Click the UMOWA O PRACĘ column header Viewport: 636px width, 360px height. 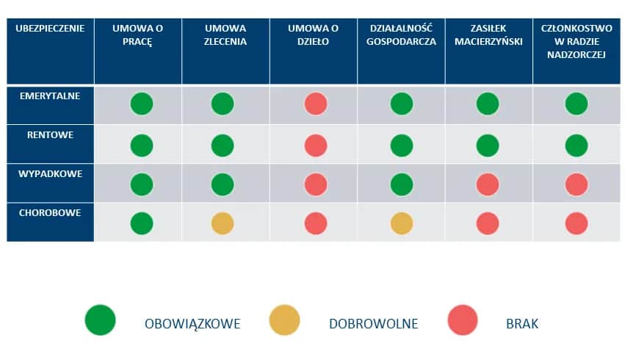[x=137, y=35]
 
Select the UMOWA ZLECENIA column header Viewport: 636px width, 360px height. [x=225, y=35]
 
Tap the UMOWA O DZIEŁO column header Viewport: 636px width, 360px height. [x=313, y=35]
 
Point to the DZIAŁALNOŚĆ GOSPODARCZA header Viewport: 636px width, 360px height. [x=401, y=35]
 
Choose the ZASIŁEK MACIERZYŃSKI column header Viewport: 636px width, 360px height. [x=488, y=35]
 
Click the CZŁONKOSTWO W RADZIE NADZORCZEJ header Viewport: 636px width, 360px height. [x=577, y=41]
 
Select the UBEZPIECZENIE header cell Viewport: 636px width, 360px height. [x=50, y=29]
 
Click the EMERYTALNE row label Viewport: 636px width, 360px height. [x=50, y=96]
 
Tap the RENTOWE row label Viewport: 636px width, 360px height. [x=50, y=135]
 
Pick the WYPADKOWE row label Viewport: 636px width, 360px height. [x=50, y=174]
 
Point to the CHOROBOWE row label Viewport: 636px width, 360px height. [x=50, y=213]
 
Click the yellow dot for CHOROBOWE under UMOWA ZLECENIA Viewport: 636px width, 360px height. [x=223, y=223]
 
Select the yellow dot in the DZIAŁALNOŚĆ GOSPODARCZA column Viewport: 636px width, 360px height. [x=401, y=223]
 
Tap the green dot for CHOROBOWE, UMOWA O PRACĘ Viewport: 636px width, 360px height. [x=142, y=223]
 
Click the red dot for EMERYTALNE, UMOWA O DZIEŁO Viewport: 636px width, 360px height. [x=316, y=104]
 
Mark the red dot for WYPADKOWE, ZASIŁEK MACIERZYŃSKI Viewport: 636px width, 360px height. [x=488, y=184]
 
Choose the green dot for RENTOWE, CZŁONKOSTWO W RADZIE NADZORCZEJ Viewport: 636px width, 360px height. [x=577, y=145]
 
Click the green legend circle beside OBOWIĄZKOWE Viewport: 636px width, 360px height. [x=101, y=321]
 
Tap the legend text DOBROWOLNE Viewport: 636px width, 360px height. [x=373, y=323]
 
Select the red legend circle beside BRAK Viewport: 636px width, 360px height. [x=463, y=321]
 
